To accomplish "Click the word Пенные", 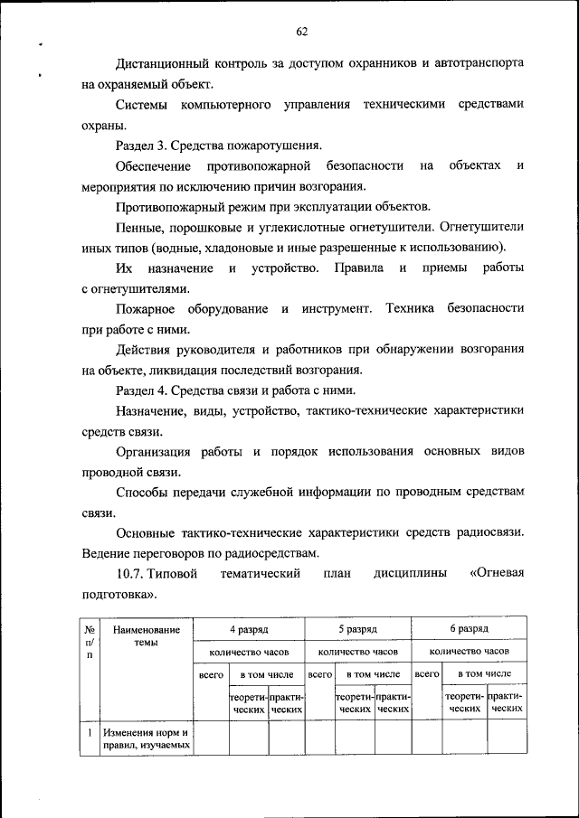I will tap(138, 227).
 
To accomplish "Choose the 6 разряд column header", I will tap(469, 628).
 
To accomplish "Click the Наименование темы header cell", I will tap(146, 635).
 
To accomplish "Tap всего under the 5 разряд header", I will tap(319, 673).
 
